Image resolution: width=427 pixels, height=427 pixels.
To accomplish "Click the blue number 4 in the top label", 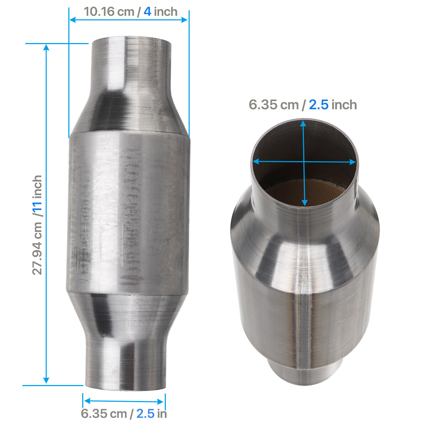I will coord(147,11).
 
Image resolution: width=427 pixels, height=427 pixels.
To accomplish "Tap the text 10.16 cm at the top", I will coord(104,11).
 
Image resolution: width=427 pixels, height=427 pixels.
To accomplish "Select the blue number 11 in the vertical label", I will coord(38,209).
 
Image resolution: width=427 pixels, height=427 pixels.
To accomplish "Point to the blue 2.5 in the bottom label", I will coord(145,413).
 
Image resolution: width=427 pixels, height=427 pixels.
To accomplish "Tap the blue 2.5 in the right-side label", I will coord(318,105).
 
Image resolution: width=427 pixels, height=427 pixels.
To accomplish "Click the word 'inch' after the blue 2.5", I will coord(344,105).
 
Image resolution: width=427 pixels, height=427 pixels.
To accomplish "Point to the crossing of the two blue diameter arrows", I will coord(304,162).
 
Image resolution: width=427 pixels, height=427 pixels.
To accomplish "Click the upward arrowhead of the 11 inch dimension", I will coord(46,47).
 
